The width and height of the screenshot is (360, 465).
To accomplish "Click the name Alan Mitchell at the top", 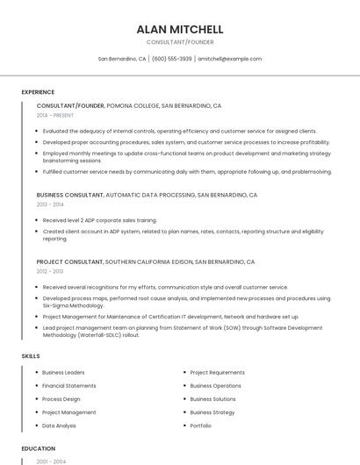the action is [179, 29].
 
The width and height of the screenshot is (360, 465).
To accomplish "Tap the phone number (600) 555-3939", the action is [171, 59].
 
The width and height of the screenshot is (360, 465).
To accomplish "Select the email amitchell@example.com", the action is [229, 59].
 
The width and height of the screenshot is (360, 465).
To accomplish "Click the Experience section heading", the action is [38, 92].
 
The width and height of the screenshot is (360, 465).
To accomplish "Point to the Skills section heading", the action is [31, 356].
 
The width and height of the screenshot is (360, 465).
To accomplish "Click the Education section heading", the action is [38, 448].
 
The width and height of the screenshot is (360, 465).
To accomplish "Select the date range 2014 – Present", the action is [55, 115].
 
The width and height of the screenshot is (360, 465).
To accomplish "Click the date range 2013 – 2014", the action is [50, 204].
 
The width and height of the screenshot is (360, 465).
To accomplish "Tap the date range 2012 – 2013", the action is [50, 271].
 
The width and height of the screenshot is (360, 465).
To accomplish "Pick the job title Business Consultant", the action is [69, 195].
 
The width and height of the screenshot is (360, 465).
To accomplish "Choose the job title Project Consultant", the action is [69, 261].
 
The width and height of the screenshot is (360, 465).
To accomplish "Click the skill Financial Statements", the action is [69, 386].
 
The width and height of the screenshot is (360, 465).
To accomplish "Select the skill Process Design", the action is [61, 399].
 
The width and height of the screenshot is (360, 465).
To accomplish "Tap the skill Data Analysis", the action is [59, 426].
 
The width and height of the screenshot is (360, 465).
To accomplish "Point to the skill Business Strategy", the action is [212, 412].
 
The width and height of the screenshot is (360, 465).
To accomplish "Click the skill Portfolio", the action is [201, 426].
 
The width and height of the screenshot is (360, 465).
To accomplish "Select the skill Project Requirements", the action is [218, 373].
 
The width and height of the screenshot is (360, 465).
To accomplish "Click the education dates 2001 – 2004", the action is [51, 461].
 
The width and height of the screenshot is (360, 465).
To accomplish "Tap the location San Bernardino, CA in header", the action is [122, 59].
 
